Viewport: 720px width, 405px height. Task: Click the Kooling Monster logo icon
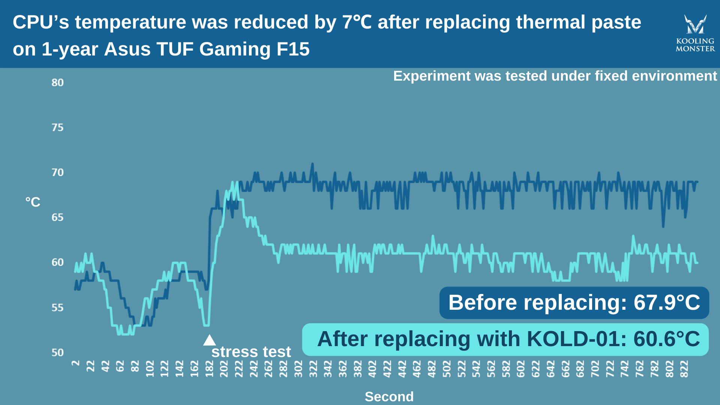pyautogui.click(x=695, y=24)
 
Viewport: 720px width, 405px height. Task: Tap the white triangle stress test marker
pyautogui.click(x=209, y=340)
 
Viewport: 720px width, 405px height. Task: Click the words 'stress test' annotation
pyautogui.click(x=251, y=352)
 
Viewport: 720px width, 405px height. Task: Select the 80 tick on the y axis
pyautogui.click(x=57, y=82)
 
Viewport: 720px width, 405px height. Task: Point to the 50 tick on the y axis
pyautogui.click(x=57, y=352)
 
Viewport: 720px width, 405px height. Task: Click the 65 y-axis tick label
pyautogui.click(x=57, y=217)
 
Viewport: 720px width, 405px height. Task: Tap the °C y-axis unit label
pyautogui.click(x=33, y=202)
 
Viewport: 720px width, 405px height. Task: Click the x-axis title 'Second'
pyautogui.click(x=389, y=396)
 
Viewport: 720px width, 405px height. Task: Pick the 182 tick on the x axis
pyautogui.click(x=209, y=369)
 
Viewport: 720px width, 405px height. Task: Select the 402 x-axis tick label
pyautogui.click(x=372, y=369)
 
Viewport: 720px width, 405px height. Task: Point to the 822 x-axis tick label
pyautogui.click(x=684, y=369)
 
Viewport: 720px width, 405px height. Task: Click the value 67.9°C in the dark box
pyautogui.click(x=666, y=303)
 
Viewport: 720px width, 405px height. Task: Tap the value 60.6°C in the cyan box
pyautogui.click(x=666, y=339)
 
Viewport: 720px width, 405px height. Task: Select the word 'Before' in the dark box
pyautogui.click(x=482, y=303)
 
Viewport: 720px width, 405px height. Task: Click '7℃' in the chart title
pyautogui.click(x=357, y=22)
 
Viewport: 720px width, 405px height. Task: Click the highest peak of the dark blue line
pyautogui.click(x=312, y=164)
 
